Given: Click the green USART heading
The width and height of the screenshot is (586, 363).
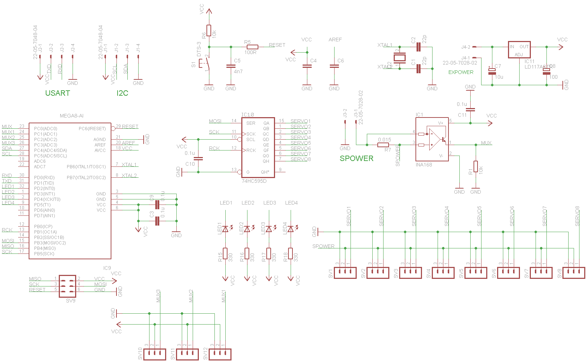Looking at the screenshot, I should tap(57, 93).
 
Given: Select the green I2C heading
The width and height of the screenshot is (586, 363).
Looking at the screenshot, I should tap(122, 93).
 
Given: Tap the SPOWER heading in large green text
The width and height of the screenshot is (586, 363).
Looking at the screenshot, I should tap(356, 158).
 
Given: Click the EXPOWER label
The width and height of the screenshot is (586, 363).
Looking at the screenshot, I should tap(460, 72).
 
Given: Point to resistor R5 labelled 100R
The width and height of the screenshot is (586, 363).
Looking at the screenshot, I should tap(251, 47).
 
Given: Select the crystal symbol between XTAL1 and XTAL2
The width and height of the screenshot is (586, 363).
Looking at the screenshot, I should tap(399, 58).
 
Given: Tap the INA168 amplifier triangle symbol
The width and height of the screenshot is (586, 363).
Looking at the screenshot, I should tap(434, 139).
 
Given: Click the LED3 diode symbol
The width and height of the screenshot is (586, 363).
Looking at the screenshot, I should tap(269, 229).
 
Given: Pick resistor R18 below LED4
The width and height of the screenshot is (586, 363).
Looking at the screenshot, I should tap(291, 253).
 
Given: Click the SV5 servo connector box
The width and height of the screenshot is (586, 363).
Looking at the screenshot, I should tap(476, 273).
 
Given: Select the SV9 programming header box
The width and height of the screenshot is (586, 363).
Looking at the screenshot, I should tap(67, 286).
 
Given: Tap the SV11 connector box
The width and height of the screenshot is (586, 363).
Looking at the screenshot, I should tap(187, 354).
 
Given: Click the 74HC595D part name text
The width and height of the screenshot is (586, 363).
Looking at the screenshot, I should tap(254, 181).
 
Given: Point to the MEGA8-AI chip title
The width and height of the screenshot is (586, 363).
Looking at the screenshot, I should tap(71, 116).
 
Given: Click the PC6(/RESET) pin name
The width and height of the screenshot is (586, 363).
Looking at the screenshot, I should tap(92, 129).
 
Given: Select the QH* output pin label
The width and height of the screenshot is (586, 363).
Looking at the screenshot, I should tap(265, 172).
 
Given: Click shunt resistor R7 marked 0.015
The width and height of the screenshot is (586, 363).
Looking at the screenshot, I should tap(383, 145).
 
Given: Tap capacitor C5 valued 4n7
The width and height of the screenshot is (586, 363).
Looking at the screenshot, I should tap(231, 66).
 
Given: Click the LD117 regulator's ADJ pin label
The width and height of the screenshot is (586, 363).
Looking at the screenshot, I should tap(519, 55).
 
